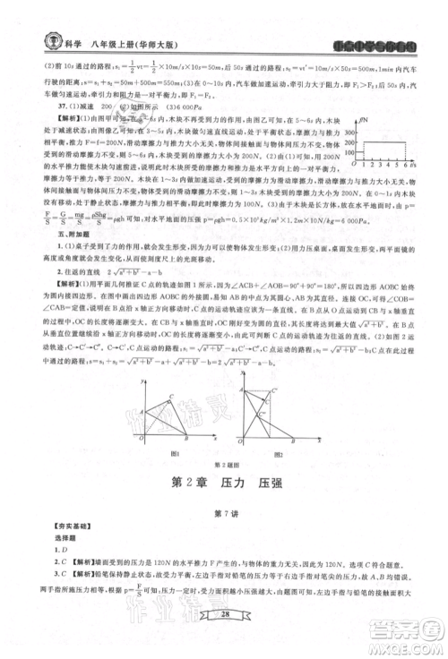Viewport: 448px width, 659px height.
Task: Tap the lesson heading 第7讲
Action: pyautogui.click(x=223, y=513)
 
